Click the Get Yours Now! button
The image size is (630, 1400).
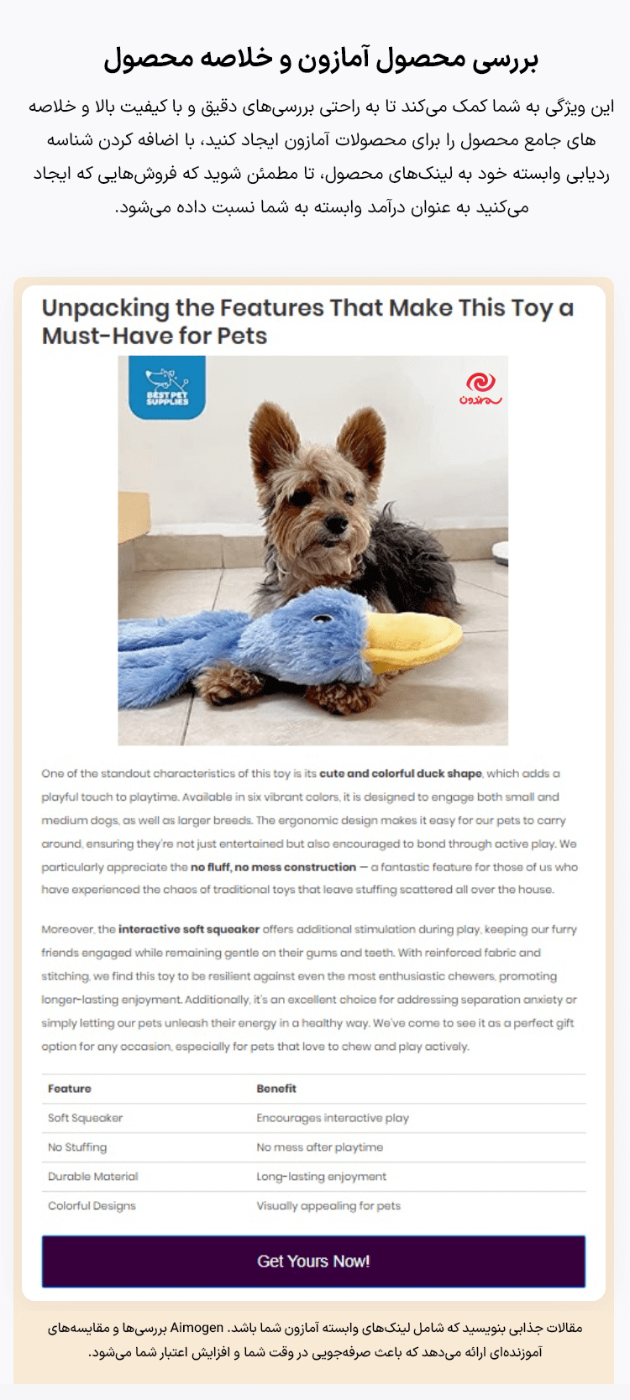[313, 1261]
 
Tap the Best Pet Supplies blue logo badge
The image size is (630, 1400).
[167, 387]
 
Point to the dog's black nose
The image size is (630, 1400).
[335, 524]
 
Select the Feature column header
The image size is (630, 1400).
[70, 1089]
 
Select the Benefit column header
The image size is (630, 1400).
[276, 1089]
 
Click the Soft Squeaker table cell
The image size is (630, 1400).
[86, 1118]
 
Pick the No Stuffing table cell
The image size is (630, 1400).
[77, 1147]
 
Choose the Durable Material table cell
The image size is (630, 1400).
[93, 1177]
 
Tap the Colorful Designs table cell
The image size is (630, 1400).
[92, 1206]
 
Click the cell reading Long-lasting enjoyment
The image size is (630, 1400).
[322, 1177]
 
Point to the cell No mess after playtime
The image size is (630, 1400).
[320, 1147]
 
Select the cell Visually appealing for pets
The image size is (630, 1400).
[328, 1206]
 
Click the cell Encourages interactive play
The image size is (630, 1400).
[333, 1118]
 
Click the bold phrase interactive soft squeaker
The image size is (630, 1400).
[189, 929]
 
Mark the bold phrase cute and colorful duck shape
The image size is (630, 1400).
[401, 774]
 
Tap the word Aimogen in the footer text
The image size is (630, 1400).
[197, 1328]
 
